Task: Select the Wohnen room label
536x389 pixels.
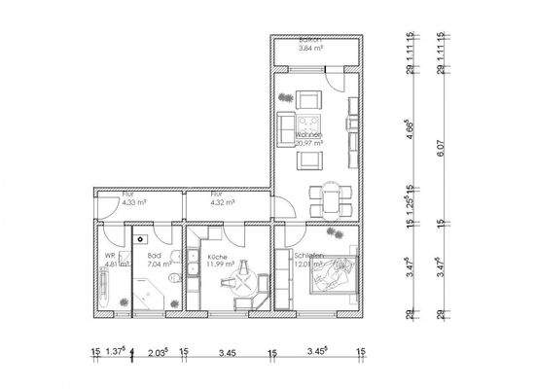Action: (x=308, y=135)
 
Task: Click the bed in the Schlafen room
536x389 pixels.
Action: (x=333, y=275)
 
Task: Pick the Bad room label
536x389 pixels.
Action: (x=155, y=255)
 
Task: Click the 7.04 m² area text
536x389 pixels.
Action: (x=159, y=264)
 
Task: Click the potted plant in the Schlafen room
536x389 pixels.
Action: (x=334, y=232)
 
